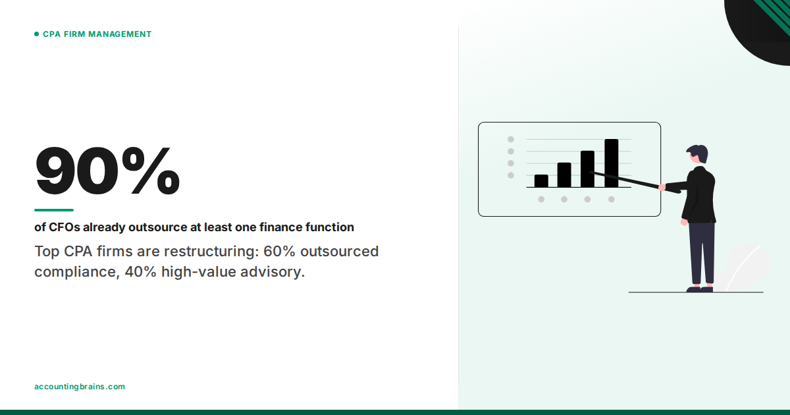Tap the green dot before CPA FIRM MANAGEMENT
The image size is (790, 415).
[x=37, y=34]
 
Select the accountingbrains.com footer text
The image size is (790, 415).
[x=79, y=387]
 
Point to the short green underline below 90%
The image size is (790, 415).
[x=54, y=210]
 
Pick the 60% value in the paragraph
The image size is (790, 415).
[x=276, y=252]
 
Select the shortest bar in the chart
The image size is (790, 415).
[x=541, y=180]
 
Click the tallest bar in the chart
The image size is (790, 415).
[x=611, y=163]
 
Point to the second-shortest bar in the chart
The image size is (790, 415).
[x=564, y=175]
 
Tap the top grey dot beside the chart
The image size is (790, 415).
[x=510, y=140]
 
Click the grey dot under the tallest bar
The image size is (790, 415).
[x=611, y=199]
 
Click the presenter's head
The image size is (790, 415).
[x=698, y=155]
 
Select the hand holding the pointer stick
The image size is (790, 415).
[x=662, y=188]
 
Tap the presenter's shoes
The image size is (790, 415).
[x=700, y=289]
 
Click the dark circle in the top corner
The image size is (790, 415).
[x=764, y=26]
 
